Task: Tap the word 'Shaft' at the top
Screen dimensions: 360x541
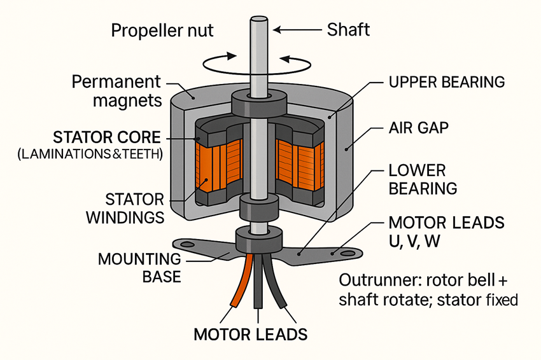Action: click(x=349, y=29)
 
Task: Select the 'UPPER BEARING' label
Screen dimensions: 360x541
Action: click(x=446, y=82)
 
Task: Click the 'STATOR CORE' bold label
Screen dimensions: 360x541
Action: click(x=108, y=137)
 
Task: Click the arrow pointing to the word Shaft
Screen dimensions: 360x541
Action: click(x=300, y=29)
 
